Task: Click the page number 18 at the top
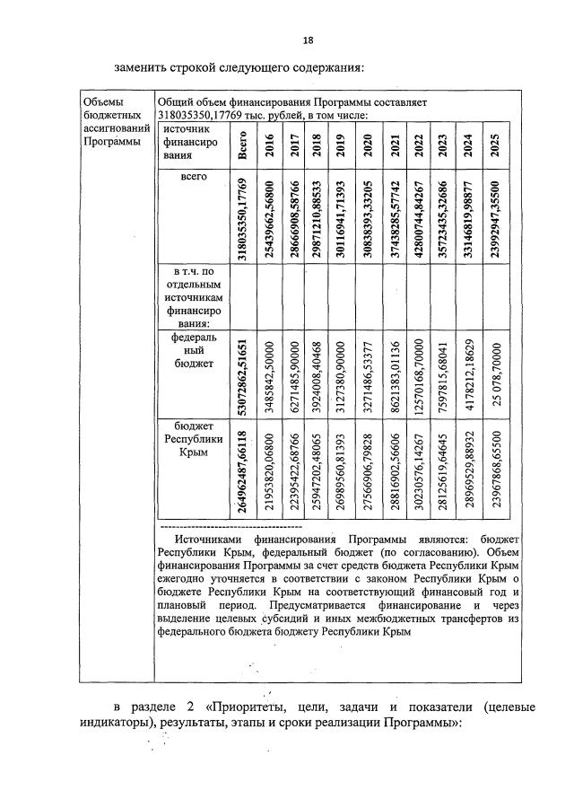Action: (308, 40)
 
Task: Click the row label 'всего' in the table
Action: (194, 178)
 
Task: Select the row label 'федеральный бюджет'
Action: (194, 350)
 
